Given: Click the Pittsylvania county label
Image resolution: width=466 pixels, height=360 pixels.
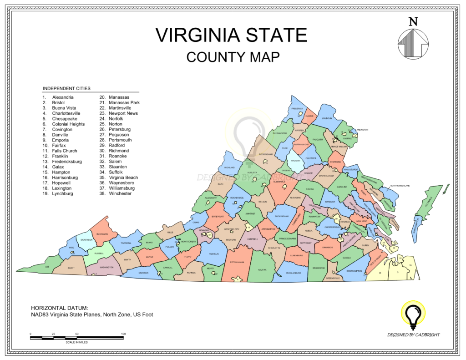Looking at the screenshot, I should tap(237, 262).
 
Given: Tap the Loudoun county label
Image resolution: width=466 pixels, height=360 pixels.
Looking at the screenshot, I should tap(327, 118).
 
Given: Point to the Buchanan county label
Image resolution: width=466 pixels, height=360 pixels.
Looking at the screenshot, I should tap(102, 234).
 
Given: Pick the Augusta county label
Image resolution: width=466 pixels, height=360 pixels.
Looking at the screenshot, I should tap(252, 173).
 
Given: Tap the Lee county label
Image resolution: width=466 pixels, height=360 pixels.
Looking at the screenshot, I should tap(47, 267).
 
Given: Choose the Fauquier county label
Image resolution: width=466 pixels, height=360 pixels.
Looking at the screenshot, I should tap(317, 140).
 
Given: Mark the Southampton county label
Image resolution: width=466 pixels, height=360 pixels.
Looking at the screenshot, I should tap(354, 271).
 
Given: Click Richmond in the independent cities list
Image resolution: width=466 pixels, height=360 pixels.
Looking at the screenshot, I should tap(119, 151).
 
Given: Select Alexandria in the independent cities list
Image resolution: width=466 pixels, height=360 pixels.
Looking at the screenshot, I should tap(63, 97).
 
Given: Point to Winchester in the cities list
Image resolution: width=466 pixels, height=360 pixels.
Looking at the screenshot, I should tap(120, 193).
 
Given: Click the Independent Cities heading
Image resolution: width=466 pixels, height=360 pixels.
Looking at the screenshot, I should tap(66, 88).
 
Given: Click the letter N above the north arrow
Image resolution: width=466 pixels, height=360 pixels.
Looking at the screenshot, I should tap(413, 21).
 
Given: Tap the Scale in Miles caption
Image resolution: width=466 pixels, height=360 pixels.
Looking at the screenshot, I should tap(77, 342).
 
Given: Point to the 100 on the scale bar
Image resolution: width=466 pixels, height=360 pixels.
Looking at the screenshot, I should tap(123, 334).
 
